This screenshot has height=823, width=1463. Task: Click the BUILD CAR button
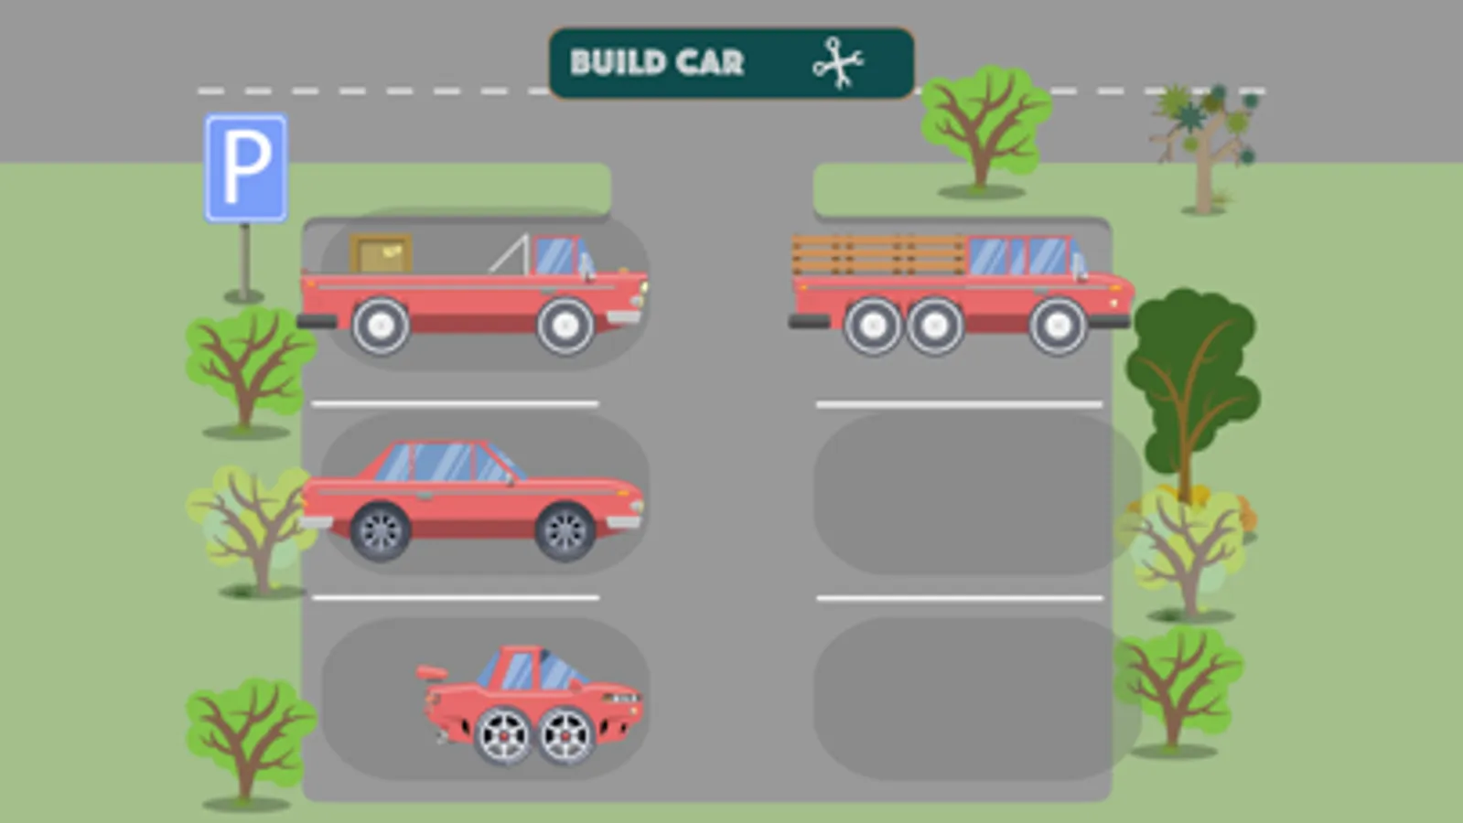click(x=732, y=63)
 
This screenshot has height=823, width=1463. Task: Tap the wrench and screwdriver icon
click(x=838, y=63)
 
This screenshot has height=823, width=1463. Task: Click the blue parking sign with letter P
click(x=245, y=168)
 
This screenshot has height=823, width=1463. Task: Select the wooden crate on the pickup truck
click(x=381, y=253)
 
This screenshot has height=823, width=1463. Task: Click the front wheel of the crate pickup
click(x=565, y=326)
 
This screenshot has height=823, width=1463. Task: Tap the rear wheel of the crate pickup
click(x=381, y=326)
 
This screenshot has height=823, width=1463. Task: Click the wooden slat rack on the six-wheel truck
click(x=878, y=255)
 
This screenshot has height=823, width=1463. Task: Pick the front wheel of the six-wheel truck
click(x=1058, y=326)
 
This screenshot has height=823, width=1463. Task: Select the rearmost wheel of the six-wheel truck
click(x=873, y=326)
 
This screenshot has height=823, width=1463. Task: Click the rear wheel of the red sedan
click(x=381, y=532)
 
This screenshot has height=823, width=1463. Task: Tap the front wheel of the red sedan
click(x=565, y=532)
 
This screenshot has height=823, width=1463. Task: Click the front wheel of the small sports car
click(x=565, y=736)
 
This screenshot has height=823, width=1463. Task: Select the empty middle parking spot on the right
click(x=977, y=494)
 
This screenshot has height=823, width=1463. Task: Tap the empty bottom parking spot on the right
click(x=977, y=699)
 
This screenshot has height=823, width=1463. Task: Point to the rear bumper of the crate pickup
click(x=317, y=321)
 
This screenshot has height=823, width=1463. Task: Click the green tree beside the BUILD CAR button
click(x=984, y=131)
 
